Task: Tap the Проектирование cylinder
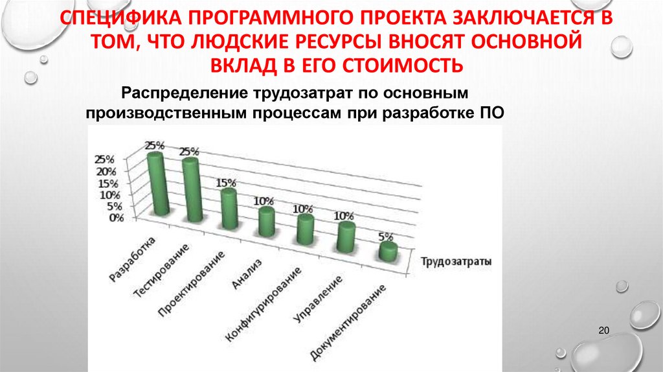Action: click(229, 209)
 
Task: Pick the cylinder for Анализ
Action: click(266, 221)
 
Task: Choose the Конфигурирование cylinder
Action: click(305, 229)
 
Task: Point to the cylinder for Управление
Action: click(346, 237)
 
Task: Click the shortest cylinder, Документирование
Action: click(388, 251)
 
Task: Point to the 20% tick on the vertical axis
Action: click(106, 172)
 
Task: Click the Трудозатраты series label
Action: click(455, 262)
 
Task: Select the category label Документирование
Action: click(350, 321)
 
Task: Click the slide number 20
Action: click(605, 332)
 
